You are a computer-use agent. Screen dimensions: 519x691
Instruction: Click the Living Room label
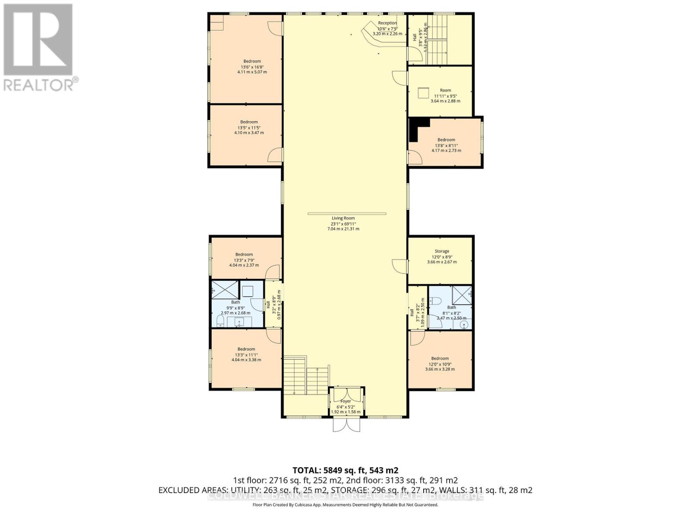[x=343, y=218]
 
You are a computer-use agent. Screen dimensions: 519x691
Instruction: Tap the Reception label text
[x=387, y=23]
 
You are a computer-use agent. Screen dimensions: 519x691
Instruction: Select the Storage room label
[x=441, y=251]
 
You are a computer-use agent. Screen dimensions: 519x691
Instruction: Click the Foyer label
[x=345, y=401]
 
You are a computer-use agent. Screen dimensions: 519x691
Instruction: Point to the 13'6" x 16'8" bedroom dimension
[x=252, y=67]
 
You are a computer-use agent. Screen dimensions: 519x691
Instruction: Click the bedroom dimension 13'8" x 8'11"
[x=446, y=146]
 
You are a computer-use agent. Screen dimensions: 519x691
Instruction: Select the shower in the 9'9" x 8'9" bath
[x=225, y=289]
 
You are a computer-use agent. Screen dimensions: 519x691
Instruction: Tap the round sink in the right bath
[x=464, y=326]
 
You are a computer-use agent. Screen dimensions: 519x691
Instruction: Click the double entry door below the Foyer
[x=346, y=426]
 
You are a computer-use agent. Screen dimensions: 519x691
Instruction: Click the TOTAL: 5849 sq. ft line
[x=345, y=470]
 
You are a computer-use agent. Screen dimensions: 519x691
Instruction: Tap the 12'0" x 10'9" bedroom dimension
[x=440, y=364]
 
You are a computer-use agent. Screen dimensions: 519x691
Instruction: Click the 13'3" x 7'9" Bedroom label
[x=244, y=255]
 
